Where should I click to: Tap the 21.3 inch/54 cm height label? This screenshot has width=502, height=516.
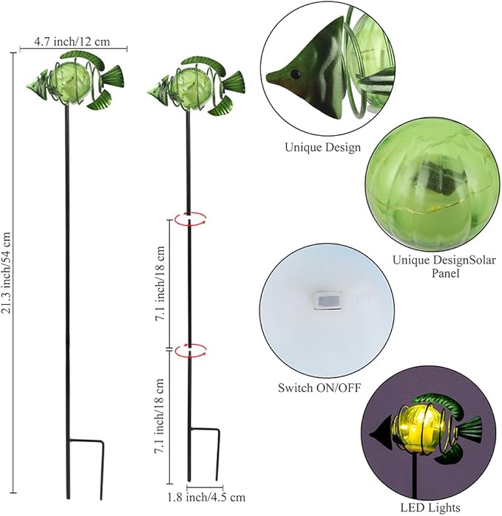(x=9, y=272)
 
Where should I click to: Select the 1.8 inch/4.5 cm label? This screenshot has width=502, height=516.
(x=216, y=497)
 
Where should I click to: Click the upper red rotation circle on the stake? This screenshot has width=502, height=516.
(x=190, y=218)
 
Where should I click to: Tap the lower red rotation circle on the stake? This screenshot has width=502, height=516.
(x=190, y=352)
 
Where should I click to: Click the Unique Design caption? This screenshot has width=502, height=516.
(x=323, y=147)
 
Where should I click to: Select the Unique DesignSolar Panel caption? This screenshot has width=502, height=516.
(x=444, y=266)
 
